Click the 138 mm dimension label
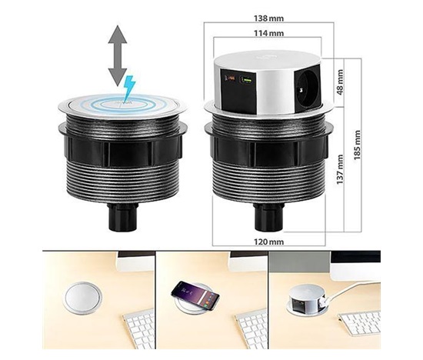click(x=268, y=18)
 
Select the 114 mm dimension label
click(x=268, y=33)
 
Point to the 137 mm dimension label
click(x=340, y=169)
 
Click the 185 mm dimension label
click(x=357, y=145)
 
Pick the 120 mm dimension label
click(x=268, y=242)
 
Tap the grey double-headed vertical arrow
click(x=118, y=56)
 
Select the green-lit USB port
click(x=248, y=80)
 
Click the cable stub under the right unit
click(x=268, y=217)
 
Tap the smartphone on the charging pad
click(x=195, y=295)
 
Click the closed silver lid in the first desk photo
click(x=82, y=298)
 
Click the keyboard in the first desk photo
click(x=138, y=328)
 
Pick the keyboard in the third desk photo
click(x=360, y=322)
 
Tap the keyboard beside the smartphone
click(x=251, y=328)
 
